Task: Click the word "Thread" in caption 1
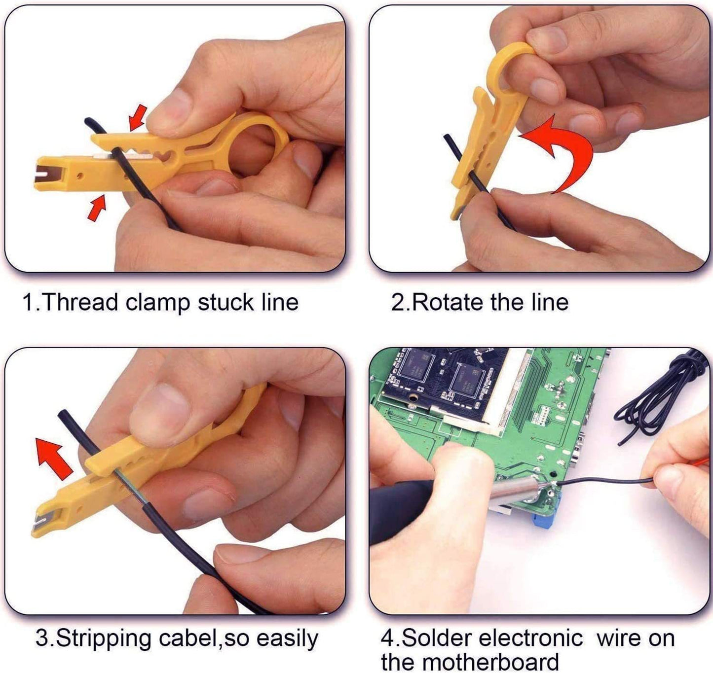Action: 80,302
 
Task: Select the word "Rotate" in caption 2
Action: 447,302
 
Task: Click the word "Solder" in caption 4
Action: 434,638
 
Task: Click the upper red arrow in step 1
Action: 138,116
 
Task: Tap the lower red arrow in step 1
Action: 97,208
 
